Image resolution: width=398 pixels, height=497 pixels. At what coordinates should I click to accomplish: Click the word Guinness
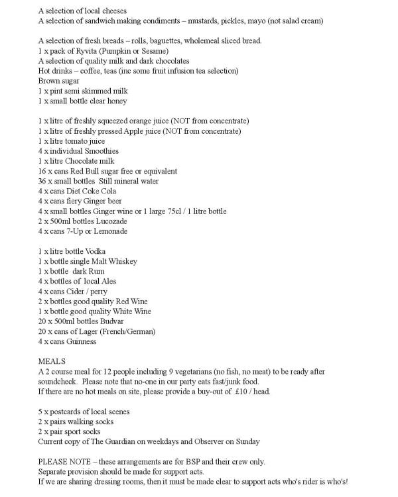(x=82, y=341)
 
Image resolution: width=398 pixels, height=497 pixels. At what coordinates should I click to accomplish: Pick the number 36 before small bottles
(x=43, y=181)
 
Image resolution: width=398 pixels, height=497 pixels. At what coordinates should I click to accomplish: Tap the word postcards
(x=67, y=412)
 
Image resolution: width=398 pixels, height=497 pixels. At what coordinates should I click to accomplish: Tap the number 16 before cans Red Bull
(x=43, y=171)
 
